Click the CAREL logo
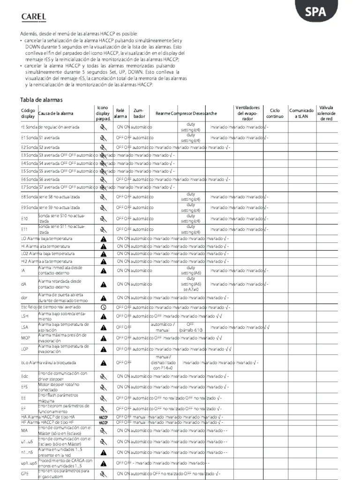point(33,17)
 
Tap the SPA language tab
point(315,12)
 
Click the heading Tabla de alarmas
point(41,100)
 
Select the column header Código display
point(28,113)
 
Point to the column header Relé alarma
point(120,113)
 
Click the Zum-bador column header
point(139,113)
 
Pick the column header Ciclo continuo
point(275,113)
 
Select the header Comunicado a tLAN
point(301,113)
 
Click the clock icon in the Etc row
point(103,307)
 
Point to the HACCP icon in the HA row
point(103,416)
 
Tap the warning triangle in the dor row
point(103,297)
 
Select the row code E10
point(25,218)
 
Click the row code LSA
point(25,327)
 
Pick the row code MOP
point(25,337)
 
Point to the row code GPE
point(25,474)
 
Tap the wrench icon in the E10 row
point(103,218)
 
